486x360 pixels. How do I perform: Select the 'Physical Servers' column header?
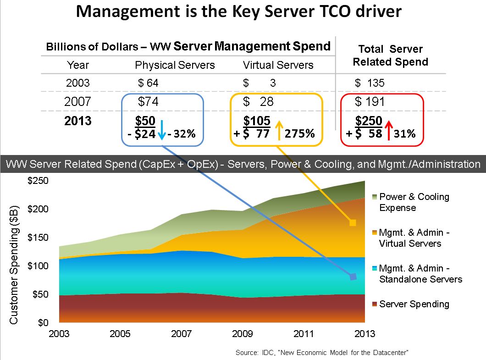175,65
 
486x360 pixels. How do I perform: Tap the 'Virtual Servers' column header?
278,65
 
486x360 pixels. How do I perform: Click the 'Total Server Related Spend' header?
390,55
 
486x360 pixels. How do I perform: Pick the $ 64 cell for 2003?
148,83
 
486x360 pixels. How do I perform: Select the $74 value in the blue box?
148,102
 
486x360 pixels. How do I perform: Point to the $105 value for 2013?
256,122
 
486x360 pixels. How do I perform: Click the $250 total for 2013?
369,122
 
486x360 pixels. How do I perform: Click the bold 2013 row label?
78,122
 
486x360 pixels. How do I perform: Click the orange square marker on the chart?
353,223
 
